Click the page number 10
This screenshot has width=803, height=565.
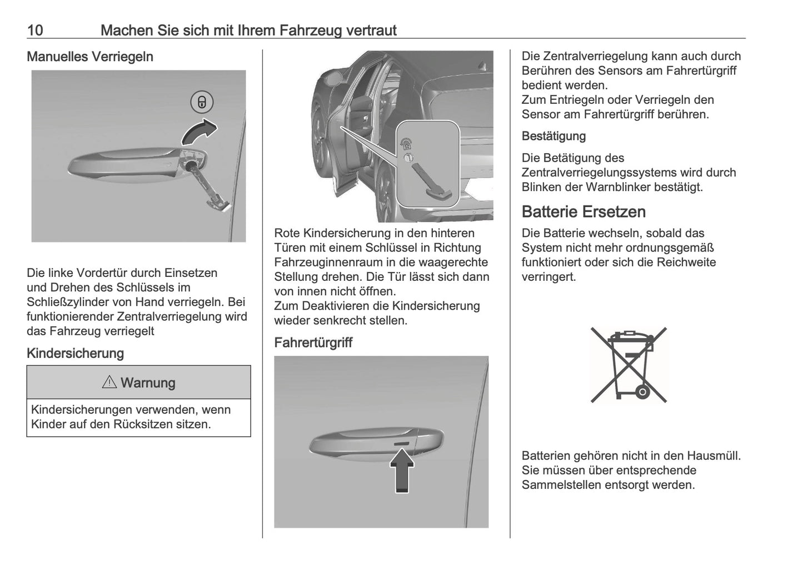35,30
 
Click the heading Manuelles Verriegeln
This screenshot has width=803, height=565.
89,57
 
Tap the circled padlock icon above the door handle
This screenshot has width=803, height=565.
202,102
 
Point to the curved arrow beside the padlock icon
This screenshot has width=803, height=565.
200,131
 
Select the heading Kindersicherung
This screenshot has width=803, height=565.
75,353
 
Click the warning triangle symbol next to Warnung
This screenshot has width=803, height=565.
109,382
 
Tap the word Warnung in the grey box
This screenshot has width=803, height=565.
148,383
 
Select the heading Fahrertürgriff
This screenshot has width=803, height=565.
313,342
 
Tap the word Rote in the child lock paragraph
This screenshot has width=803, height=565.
287,233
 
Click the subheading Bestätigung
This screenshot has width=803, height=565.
553,136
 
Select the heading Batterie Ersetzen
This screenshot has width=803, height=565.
583,211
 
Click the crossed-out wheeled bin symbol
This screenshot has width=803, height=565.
629,365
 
